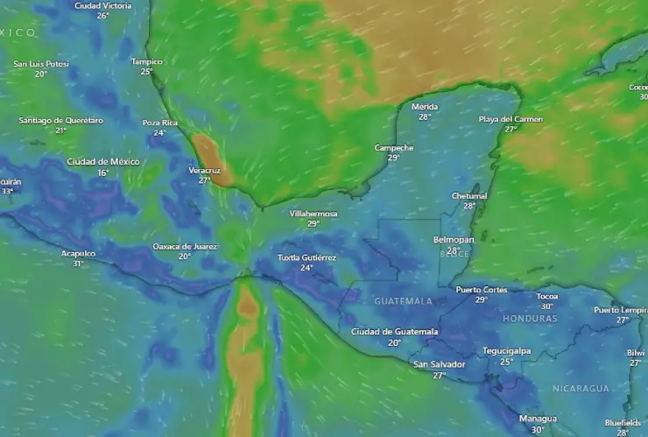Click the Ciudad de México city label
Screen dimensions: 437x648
click(x=103, y=162)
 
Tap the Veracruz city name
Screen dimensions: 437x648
click(x=205, y=170)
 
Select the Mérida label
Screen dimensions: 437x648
click(x=425, y=106)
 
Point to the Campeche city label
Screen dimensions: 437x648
click(x=393, y=147)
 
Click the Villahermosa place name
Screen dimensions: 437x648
click(x=313, y=213)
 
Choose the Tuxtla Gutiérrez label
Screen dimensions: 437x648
click(x=306, y=257)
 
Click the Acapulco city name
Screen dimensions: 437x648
click(x=78, y=253)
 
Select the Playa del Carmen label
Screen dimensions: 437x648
click(x=511, y=118)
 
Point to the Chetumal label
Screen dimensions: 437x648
click(x=469, y=195)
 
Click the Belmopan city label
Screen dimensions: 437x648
click(x=454, y=239)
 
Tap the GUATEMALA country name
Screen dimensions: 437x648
click(x=404, y=301)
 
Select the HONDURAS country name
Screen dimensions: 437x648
click(x=530, y=319)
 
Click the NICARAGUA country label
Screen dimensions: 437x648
click(x=581, y=388)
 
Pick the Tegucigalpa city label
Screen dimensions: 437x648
click(x=507, y=350)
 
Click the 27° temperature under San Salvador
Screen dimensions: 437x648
click(x=440, y=376)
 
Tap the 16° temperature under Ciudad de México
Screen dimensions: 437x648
click(x=103, y=173)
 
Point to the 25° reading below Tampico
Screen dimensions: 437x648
click(x=147, y=72)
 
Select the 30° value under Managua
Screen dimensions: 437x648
click(x=538, y=430)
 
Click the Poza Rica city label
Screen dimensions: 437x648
click(x=160, y=123)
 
